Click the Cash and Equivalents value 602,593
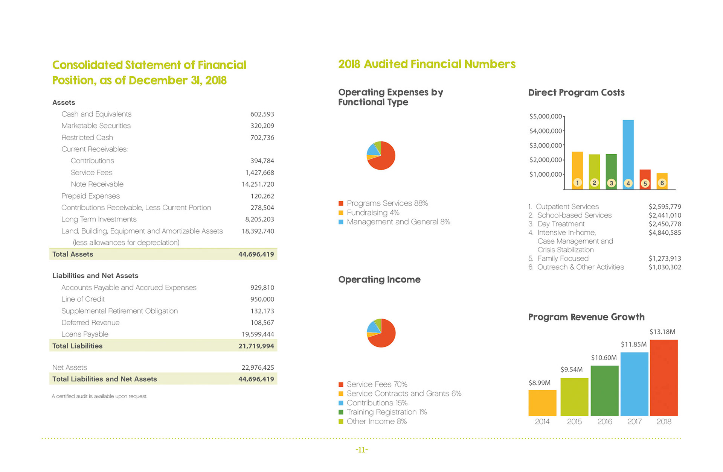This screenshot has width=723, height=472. pyautogui.click(x=262, y=114)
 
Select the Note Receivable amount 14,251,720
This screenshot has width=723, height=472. pyautogui.click(x=258, y=184)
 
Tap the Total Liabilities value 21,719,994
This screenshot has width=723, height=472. pyautogui.click(x=256, y=346)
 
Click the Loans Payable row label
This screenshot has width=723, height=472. pyautogui.click(x=85, y=334)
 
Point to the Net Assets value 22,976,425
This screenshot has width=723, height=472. pyautogui.click(x=258, y=367)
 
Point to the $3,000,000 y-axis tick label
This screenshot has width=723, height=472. pyautogui.click(x=545, y=146)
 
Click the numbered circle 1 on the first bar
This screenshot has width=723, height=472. pyautogui.click(x=577, y=183)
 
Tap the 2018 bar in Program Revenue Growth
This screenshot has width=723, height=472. pyautogui.click(x=664, y=378)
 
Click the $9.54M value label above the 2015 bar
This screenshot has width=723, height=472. pyautogui.click(x=571, y=369)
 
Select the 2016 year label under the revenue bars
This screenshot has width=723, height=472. pyautogui.click(x=604, y=422)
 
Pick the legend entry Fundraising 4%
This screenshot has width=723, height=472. pyautogui.click(x=373, y=212)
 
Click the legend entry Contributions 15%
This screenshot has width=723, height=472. pyautogui.click(x=377, y=403)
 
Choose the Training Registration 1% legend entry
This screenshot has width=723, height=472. pyautogui.click(x=387, y=412)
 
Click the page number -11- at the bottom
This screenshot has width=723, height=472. pyautogui.click(x=361, y=450)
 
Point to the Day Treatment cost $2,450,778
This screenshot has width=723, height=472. pyautogui.click(x=665, y=224)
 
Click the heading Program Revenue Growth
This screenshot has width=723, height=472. pyautogui.click(x=586, y=317)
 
